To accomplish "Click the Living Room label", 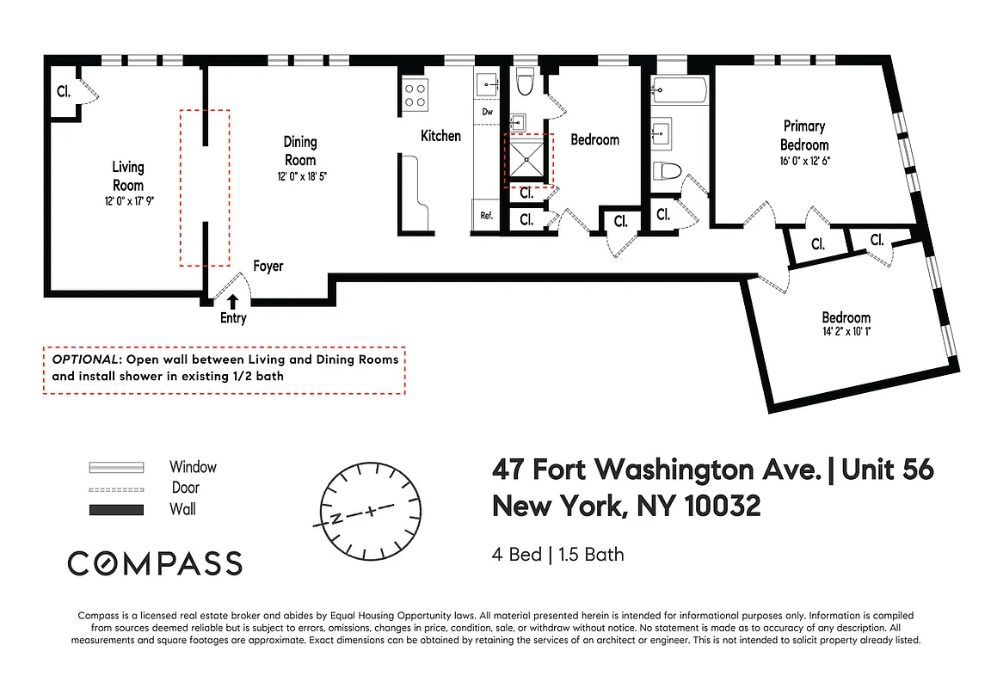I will click(128, 175).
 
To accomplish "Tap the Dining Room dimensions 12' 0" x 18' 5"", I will click(299, 175).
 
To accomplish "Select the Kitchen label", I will click(440, 136).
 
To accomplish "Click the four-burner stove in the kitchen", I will click(415, 93).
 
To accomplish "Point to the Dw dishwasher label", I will click(487, 112).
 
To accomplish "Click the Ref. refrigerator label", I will click(486, 216).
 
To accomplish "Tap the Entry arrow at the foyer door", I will click(233, 300).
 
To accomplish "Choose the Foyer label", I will click(268, 267).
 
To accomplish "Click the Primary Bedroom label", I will click(804, 135).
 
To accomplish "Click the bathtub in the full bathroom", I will click(679, 89).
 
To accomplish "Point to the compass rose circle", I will click(370, 508).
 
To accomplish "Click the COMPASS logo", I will click(155, 563).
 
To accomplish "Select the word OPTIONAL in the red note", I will click(85, 359).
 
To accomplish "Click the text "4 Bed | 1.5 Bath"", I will click(557, 554).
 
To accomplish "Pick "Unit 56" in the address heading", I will click(887, 470).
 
